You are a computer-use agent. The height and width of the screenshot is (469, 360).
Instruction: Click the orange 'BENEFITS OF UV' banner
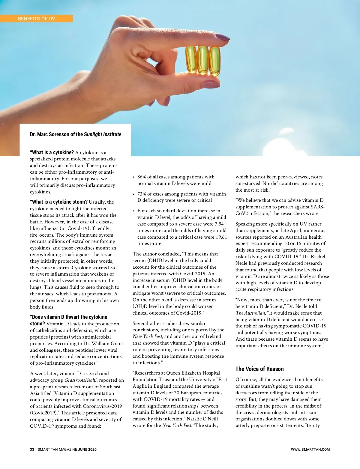36,19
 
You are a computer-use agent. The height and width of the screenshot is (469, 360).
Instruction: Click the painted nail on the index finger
222,37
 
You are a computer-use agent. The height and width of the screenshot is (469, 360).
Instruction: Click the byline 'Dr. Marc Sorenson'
50,134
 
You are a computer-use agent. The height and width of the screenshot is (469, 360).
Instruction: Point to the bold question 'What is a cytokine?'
52,152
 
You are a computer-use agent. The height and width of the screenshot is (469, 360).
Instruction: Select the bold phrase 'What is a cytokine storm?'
59,202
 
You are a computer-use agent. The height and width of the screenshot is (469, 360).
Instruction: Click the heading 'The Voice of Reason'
259,369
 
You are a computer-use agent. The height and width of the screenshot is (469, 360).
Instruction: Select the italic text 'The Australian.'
250,313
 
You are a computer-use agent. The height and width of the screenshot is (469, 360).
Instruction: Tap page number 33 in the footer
32,450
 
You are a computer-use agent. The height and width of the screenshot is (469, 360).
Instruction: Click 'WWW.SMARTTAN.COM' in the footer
310,450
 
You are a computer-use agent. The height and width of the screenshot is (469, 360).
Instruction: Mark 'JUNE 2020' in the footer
87,450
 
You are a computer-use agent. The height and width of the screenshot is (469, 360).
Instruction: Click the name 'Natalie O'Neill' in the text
202,419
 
